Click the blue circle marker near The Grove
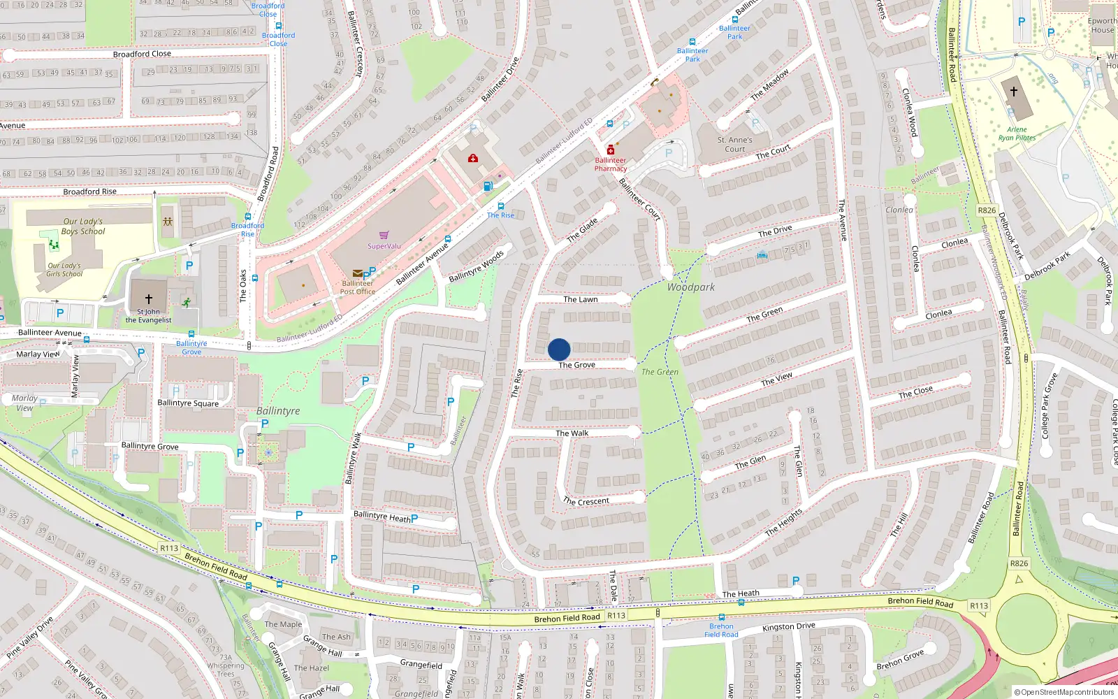559,349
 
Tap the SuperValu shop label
384,246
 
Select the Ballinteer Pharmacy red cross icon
611,150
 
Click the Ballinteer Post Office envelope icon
358,273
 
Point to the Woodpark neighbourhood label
690,287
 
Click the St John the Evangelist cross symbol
148,299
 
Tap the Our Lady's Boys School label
82,226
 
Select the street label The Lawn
581,299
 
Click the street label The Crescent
586,501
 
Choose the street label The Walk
572,433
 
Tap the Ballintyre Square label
188,403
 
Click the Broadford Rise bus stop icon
248,217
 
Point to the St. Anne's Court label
735,144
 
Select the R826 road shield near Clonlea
987,210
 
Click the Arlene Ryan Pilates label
1017,134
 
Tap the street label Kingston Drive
788,626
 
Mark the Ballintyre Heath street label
382,517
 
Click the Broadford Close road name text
142,54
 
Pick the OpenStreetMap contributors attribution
1064,692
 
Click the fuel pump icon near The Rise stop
488,186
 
